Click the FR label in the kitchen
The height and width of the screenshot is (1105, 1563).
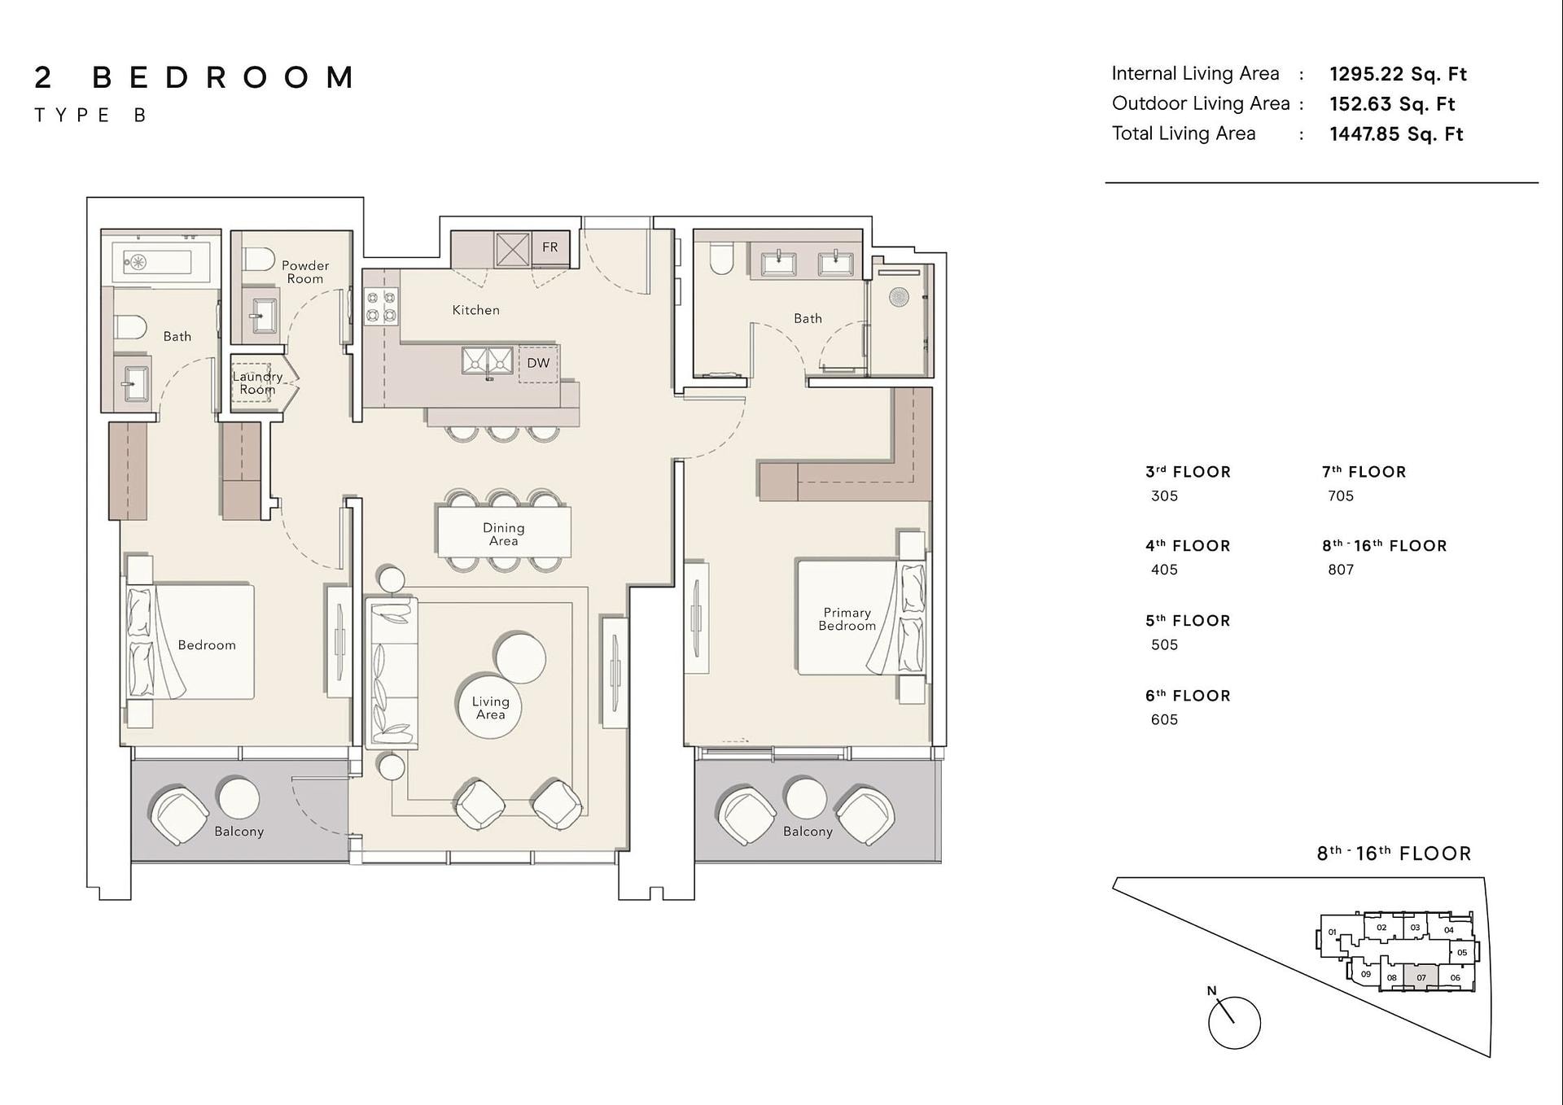(x=550, y=247)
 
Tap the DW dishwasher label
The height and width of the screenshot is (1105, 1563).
(x=538, y=363)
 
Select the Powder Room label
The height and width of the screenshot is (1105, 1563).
(x=305, y=272)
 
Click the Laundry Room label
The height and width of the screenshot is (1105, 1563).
(x=257, y=382)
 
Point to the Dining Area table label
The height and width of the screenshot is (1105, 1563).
(x=504, y=534)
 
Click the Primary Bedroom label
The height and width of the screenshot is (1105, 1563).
(x=847, y=618)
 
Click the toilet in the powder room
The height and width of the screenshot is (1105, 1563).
(x=260, y=260)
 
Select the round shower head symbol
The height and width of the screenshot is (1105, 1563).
(x=899, y=297)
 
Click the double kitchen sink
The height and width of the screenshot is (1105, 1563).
(x=488, y=360)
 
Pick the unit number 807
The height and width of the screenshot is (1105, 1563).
(x=1341, y=570)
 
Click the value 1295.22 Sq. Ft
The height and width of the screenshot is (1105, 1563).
(x=1398, y=74)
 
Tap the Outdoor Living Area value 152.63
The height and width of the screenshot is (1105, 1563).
(x=1360, y=104)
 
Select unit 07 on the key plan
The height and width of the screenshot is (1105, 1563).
(x=1421, y=977)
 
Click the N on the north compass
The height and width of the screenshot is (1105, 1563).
(x=1211, y=990)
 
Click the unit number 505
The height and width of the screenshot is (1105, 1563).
(x=1164, y=644)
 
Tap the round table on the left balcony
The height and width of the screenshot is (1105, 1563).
(x=239, y=797)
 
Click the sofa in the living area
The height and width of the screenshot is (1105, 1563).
(x=393, y=673)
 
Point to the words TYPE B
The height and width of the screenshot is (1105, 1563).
(x=90, y=116)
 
